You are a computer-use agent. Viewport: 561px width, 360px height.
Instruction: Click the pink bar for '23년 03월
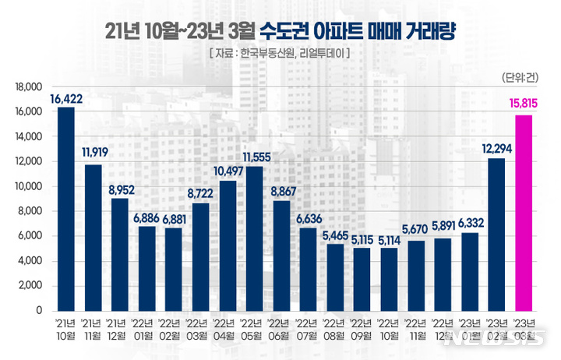[x=523, y=213]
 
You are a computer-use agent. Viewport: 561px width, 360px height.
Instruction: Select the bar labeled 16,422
[x=66, y=209]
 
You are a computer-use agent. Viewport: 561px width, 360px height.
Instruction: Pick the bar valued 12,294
[x=496, y=235]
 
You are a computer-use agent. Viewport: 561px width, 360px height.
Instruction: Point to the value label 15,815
[x=523, y=101]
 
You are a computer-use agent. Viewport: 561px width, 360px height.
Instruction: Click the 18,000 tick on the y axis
[x=29, y=87]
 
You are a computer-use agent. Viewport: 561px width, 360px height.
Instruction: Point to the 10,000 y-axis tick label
[x=29, y=187]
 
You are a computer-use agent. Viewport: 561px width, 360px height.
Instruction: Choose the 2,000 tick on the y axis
[x=31, y=286]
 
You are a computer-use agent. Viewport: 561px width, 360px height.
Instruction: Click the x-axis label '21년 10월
[x=66, y=330]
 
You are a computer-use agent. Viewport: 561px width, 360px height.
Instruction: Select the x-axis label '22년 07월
[x=308, y=330]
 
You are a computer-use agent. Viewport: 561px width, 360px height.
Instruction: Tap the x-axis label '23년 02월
[x=496, y=330]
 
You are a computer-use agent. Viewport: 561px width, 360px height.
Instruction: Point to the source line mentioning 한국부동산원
[x=279, y=54]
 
